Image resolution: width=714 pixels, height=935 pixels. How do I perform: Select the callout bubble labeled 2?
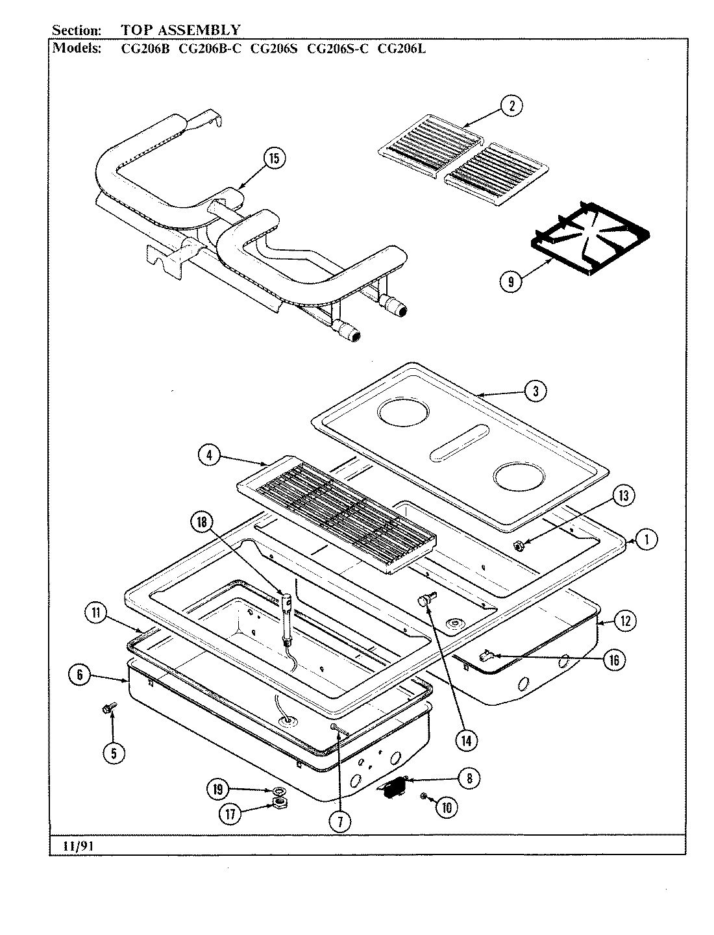coord(511,106)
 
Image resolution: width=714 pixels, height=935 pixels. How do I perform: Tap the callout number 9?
coord(511,282)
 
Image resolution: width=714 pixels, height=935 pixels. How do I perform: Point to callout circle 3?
coord(535,390)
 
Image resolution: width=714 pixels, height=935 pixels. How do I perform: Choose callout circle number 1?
coord(646,538)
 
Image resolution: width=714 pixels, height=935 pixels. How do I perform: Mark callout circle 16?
coord(614,660)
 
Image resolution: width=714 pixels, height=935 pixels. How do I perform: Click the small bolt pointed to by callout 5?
coord(107,708)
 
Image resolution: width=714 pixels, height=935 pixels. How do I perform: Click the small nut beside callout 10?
coord(423,796)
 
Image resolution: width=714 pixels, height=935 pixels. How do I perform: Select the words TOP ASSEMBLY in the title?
coord(180,30)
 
